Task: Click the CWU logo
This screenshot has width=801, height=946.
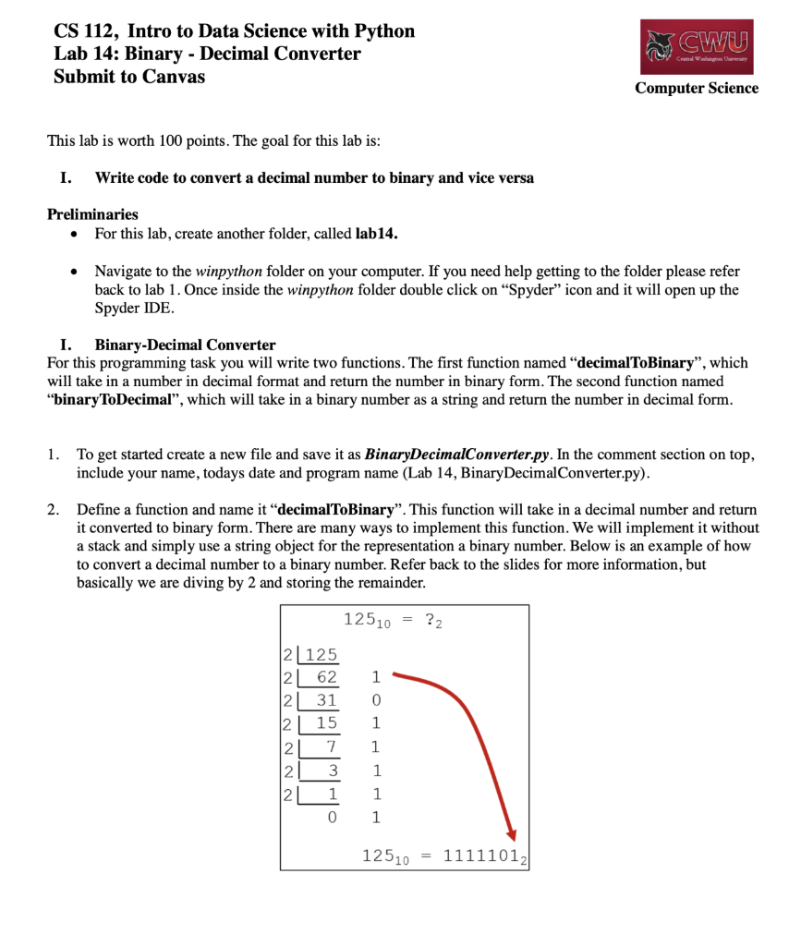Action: pyautogui.click(x=696, y=47)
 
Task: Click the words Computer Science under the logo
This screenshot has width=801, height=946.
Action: pyautogui.click(x=696, y=89)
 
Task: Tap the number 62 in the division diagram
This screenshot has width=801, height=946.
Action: pyautogui.click(x=327, y=677)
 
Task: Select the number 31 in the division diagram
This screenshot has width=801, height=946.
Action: pyautogui.click(x=327, y=700)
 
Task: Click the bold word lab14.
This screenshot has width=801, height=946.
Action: pyautogui.click(x=376, y=235)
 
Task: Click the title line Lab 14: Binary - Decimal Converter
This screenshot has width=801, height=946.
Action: pyautogui.click(x=207, y=54)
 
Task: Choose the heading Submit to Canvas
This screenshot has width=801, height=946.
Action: pyautogui.click(x=129, y=77)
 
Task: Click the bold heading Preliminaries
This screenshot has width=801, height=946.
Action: pyautogui.click(x=92, y=213)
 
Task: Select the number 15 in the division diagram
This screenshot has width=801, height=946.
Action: pyautogui.click(x=327, y=723)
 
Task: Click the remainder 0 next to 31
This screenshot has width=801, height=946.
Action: pyautogui.click(x=375, y=700)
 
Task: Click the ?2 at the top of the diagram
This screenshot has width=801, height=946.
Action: pyautogui.click(x=433, y=620)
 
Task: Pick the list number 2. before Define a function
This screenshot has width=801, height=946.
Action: pyautogui.click(x=55, y=510)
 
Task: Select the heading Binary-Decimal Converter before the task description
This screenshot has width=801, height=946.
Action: pyautogui.click(x=185, y=346)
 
